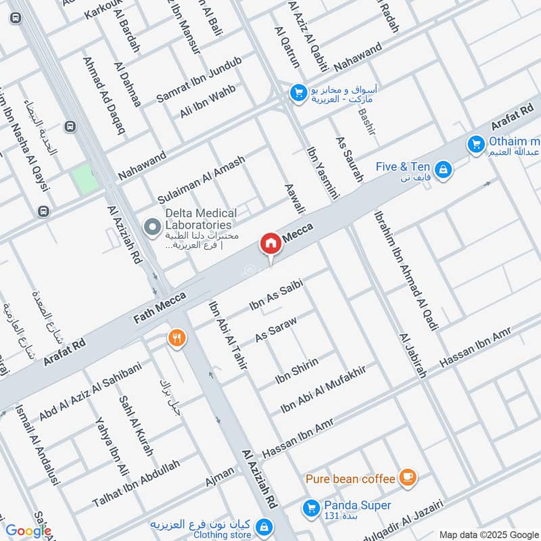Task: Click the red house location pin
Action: pos(270,243)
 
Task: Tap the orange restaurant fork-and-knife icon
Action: pos(177,337)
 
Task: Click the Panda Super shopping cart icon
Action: pos(311,506)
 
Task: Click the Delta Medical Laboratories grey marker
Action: pos(153,227)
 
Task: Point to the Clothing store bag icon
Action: pos(264,525)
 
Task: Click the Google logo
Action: pos(28,531)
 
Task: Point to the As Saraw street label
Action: pos(276,327)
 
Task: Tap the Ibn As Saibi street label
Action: pos(275,297)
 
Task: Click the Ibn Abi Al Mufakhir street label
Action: pos(323,390)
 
